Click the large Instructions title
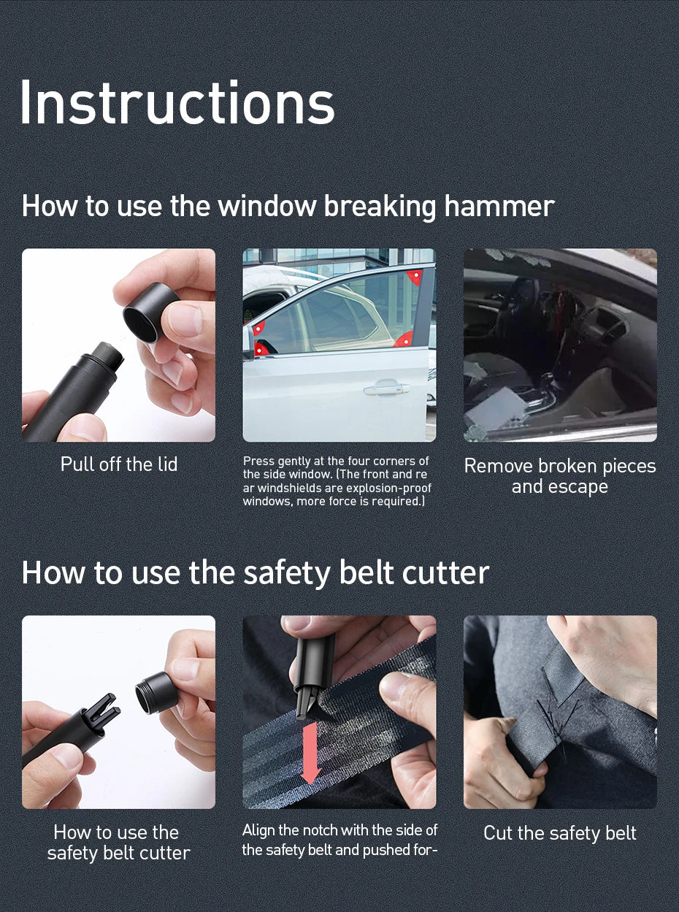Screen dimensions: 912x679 (x=177, y=103)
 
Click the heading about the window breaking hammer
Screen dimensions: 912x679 (x=288, y=206)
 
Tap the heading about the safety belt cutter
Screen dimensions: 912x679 (x=255, y=572)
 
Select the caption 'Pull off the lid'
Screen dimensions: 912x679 (x=119, y=464)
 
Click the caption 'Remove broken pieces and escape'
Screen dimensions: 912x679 (x=560, y=476)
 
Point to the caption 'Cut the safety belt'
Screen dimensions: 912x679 (x=560, y=833)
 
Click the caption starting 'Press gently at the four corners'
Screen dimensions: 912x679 (x=337, y=481)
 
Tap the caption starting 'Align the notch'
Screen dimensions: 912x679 (x=339, y=840)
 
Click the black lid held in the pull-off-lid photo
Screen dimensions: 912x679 (x=150, y=313)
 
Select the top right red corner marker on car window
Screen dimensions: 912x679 (x=415, y=277)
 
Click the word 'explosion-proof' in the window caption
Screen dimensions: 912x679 (x=395, y=488)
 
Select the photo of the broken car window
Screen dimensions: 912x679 (x=560, y=345)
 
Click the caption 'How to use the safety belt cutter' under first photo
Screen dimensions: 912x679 (x=119, y=843)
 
